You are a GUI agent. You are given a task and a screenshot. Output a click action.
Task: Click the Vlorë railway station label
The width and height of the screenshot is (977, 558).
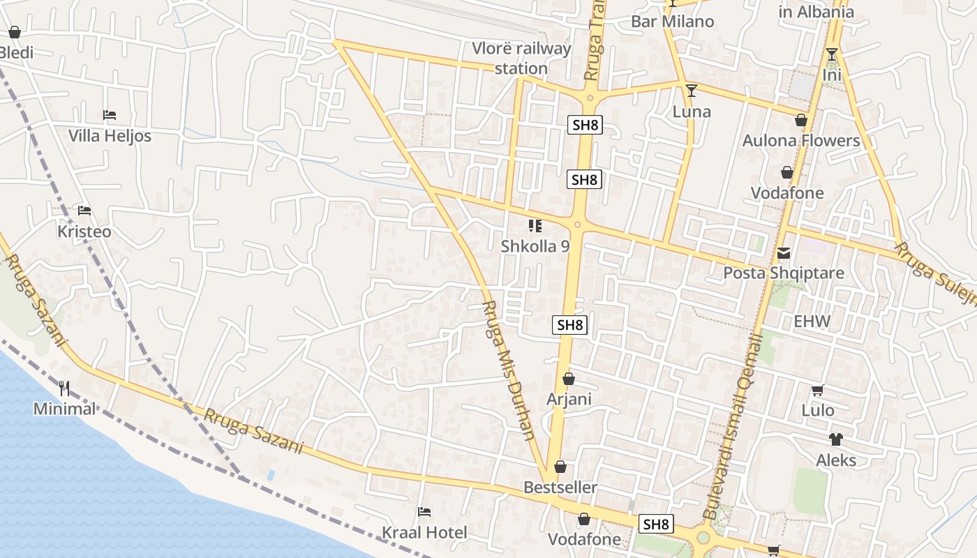coord(521,59)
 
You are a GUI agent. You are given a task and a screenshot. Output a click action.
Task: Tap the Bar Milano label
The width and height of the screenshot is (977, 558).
coord(673,22)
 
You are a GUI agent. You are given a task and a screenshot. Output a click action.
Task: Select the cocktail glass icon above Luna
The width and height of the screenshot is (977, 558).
coord(692,91)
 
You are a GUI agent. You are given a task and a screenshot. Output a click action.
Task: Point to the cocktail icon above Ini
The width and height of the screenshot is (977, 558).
coord(832,54)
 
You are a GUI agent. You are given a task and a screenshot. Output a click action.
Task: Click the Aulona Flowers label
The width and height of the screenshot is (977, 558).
coord(801,140)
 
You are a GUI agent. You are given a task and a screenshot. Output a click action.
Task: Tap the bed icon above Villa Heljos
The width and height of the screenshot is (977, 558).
coord(109,114)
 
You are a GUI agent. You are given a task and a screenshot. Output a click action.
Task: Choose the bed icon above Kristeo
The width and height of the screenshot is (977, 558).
coord(84,210)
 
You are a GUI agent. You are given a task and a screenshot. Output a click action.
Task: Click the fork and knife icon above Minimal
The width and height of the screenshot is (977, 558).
coord(64,388)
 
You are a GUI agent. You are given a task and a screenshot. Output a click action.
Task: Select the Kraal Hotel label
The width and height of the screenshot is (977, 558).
coord(424,533)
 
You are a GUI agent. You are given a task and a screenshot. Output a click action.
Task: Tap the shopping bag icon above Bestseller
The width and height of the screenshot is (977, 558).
coord(560,467)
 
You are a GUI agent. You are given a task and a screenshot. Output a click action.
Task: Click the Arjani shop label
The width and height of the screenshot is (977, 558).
coord(569,400)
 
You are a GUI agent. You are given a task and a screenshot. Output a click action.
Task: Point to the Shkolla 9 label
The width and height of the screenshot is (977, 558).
coord(535,246)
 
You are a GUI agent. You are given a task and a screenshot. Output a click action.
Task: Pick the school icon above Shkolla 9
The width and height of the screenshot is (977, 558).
coord(535,225)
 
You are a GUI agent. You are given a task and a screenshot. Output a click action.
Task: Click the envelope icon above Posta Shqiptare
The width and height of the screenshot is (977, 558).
coord(784,252)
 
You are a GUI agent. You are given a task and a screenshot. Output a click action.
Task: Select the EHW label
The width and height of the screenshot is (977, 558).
coord(812,322)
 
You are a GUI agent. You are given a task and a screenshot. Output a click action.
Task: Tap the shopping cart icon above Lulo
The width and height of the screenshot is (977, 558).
coord(817,391)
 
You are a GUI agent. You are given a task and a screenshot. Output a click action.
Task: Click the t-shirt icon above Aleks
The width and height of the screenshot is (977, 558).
coord(835,439)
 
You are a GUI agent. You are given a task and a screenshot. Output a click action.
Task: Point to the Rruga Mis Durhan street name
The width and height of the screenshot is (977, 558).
coord(511,370)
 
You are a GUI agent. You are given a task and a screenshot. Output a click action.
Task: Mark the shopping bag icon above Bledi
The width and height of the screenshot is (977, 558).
coord(15,32)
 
